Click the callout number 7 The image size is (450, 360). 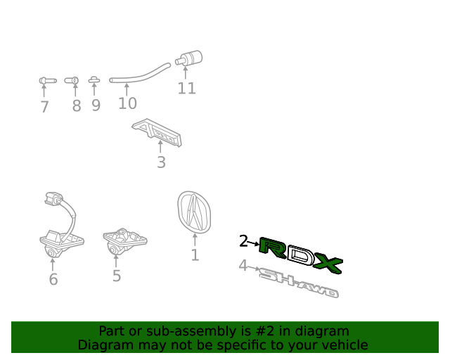44,107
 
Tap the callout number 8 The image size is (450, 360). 76,106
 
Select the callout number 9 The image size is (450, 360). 95,105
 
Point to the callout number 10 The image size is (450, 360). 127,103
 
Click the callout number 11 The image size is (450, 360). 186,89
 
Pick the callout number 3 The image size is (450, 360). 161,162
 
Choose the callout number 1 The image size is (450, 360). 195,255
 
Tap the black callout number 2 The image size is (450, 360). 243,241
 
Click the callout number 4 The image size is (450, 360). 243,266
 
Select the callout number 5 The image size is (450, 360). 117,276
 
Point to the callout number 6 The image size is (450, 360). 53,279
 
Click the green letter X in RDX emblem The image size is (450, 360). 328,264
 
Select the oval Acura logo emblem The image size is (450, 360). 194,212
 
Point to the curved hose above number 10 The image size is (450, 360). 141,75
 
